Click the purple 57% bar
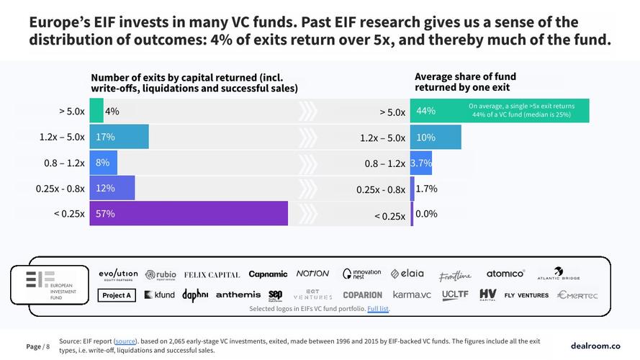pyautogui.click(x=189, y=214)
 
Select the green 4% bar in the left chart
pyautogui.click(x=96, y=112)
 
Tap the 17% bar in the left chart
pyautogui.click(x=119, y=137)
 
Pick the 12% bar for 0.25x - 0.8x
pyautogui.click(x=112, y=188)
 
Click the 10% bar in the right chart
pyautogui.click(x=436, y=138)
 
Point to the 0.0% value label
pyautogui.click(x=427, y=214)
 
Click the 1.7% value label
pyautogui.click(x=427, y=189)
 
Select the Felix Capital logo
pyautogui.click(x=212, y=274)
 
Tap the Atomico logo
pyautogui.click(x=505, y=274)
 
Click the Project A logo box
pyautogui.click(x=117, y=295)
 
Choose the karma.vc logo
pyautogui.click(x=411, y=294)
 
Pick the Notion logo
pyautogui.click(x=312, y=274)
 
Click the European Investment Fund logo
pyautogui.click(x=49, y=284)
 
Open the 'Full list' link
pyautogui.click(x=379, y=309)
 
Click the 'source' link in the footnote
pyautogui.click(x=125, y=341)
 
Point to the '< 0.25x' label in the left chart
pyautogui.click(x=69, y=214)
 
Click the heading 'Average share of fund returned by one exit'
pyautogui.click(x=465, y=82)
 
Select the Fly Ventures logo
pyautogui.click(x=526, y=295)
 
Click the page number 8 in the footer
pyautogui.click(x=48, y=346)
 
